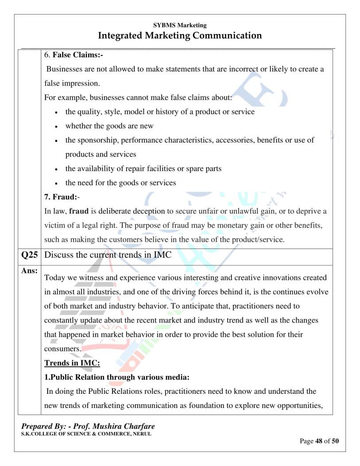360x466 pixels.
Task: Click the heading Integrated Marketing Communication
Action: [180, 35]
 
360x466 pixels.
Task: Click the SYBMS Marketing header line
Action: [180, 25]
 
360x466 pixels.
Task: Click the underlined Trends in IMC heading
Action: [72, 363]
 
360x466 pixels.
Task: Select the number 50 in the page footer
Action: [335, 441]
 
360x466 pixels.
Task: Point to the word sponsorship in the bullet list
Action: [97, 140]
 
